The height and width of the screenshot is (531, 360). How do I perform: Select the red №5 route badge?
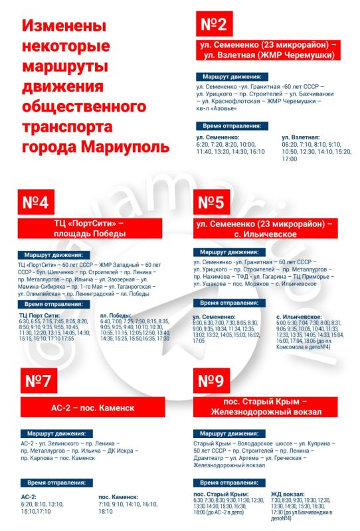(215, 204)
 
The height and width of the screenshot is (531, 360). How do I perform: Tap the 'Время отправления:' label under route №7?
(53, 483)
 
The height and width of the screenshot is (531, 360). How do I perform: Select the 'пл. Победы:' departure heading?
(116, 315)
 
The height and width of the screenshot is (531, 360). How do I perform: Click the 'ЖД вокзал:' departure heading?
(288, 494)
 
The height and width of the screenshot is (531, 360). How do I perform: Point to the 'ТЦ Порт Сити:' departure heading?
(41, 315)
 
